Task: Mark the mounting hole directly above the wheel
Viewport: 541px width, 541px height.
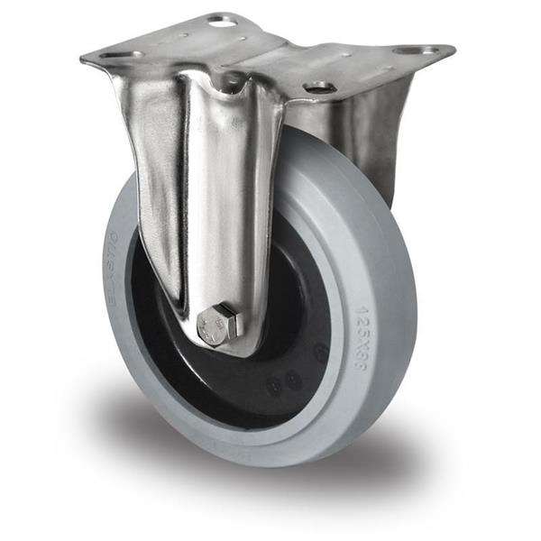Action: pos(319,87)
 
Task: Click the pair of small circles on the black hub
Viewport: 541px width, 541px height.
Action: pos(284,381)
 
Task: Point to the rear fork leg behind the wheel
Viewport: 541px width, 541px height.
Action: pos(370,135)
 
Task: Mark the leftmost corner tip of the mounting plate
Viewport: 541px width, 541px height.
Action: pos(82,60)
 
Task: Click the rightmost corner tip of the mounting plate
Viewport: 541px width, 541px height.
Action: pos(454,48)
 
